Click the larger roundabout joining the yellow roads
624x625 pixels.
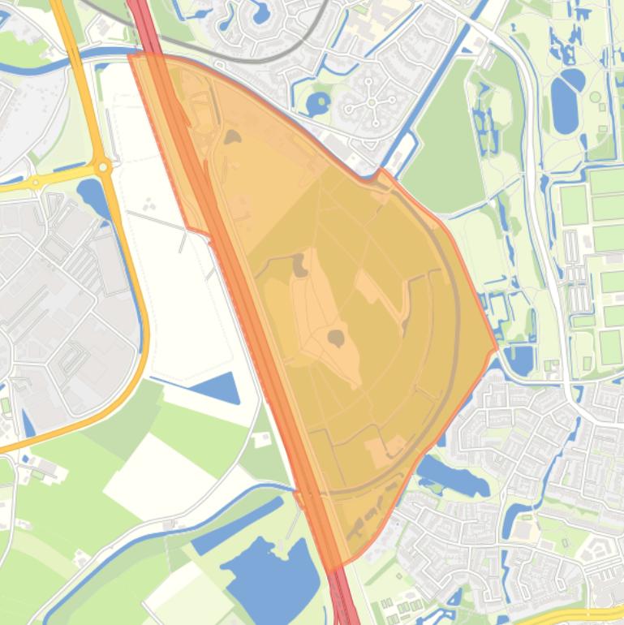(103, 167)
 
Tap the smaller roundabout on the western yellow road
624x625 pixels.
(33, 183)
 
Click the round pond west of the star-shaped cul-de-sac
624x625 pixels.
(318, 104)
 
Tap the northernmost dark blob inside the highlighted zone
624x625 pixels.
(232, 137)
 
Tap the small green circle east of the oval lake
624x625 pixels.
(596, 97)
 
